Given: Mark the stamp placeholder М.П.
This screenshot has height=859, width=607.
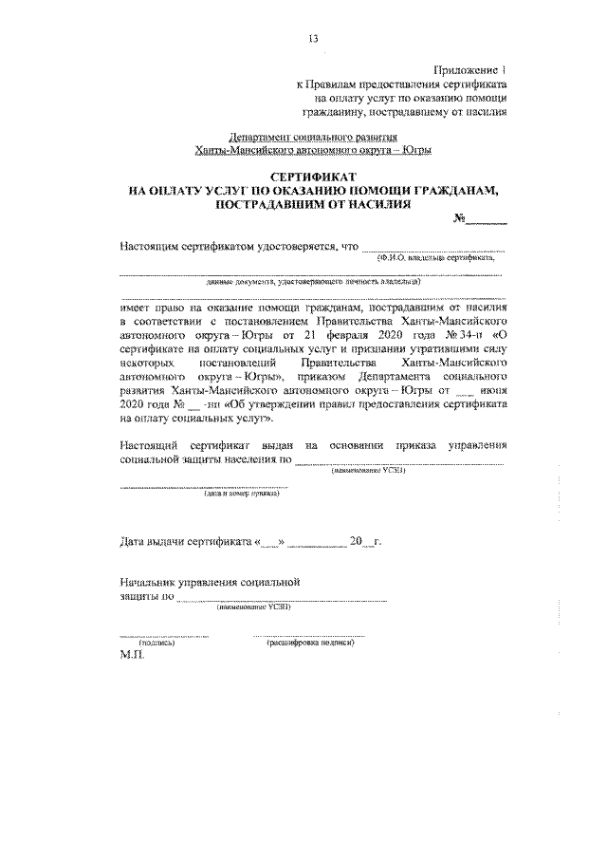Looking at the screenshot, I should tap(130, 657).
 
